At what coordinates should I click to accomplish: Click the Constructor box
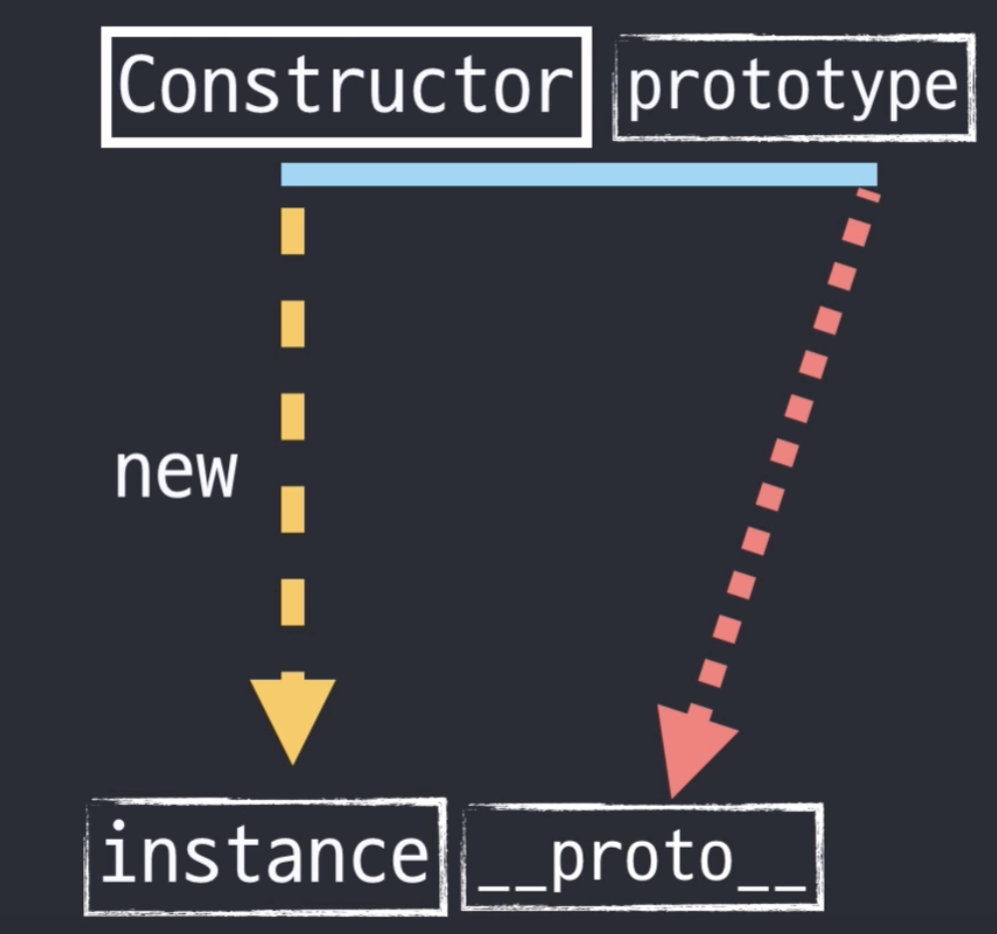coord(346,86)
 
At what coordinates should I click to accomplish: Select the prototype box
coord(794,87)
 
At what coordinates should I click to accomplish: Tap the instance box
coord(266,856)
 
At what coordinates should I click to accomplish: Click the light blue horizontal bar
coord(579,175)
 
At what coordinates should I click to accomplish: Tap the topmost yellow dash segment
coord(292,230)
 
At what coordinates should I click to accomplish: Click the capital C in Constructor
coord(141,86)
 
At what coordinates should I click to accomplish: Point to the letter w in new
coord(215,474)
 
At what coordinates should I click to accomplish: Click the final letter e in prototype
coord(937,88)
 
